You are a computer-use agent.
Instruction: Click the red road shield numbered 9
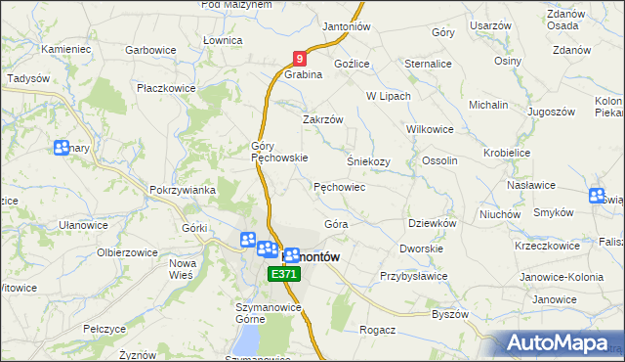(x=301, y=60)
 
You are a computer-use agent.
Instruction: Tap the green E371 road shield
(x=284, y=275)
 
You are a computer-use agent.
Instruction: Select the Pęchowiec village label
(x=339, y=186)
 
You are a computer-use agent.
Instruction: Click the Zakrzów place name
(x=322, y=119)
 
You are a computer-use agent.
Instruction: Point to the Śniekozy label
(x=368, y=161)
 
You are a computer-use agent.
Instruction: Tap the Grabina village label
(x=303, y=74)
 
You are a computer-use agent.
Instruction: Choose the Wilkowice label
(x=432, y=128)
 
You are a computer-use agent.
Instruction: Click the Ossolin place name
(x=439, y=160)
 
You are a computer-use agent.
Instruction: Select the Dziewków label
(x=432, y=223)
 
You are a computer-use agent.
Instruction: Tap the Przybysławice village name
(x=413, y=276)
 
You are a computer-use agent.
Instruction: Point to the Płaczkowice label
(x=166, y=88)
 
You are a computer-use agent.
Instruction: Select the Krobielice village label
(x=512, y=154)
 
